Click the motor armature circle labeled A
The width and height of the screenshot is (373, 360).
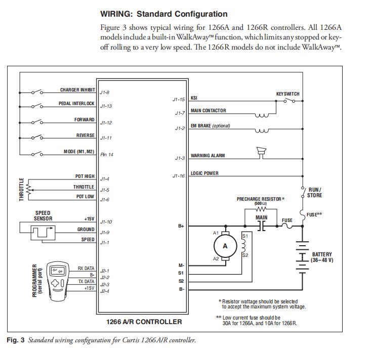[x=226, y=246]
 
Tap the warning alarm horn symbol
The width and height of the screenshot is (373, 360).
[x=262, y=150]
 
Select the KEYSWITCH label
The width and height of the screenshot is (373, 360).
[x=287, y=94]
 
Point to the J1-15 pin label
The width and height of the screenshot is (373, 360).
[x=178, y=100]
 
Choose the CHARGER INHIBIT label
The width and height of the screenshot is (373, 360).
[x=77, y=90]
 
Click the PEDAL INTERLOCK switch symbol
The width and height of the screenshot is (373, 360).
[x=37, y=106]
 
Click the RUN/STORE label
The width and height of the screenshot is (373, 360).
[x=314, y=193]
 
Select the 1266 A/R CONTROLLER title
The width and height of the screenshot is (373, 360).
[x=144, y=322]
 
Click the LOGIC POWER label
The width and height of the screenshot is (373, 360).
[x=204, y=173]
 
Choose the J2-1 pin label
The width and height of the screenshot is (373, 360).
[x=105, y=270]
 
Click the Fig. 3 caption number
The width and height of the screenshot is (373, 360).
[x=15, y=340]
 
